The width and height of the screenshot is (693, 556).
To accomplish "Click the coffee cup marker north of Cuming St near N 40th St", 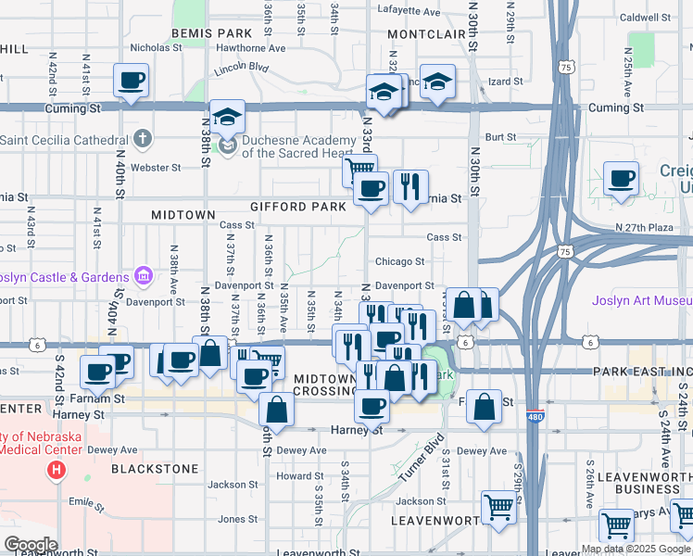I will [131, 80].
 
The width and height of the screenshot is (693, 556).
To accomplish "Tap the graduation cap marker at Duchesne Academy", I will [227, 117].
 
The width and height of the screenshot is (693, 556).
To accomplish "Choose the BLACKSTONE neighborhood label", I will [155, 469].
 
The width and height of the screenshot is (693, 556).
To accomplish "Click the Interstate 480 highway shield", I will [535, 416].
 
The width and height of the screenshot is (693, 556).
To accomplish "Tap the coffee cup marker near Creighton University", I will [621, 178].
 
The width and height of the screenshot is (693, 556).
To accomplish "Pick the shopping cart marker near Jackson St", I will [498, 508].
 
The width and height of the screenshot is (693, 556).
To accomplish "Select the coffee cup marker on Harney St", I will [372, 405].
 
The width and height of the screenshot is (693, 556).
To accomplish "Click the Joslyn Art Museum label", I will [642, 300].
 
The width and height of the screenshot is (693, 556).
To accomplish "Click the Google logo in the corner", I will [31, 544].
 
